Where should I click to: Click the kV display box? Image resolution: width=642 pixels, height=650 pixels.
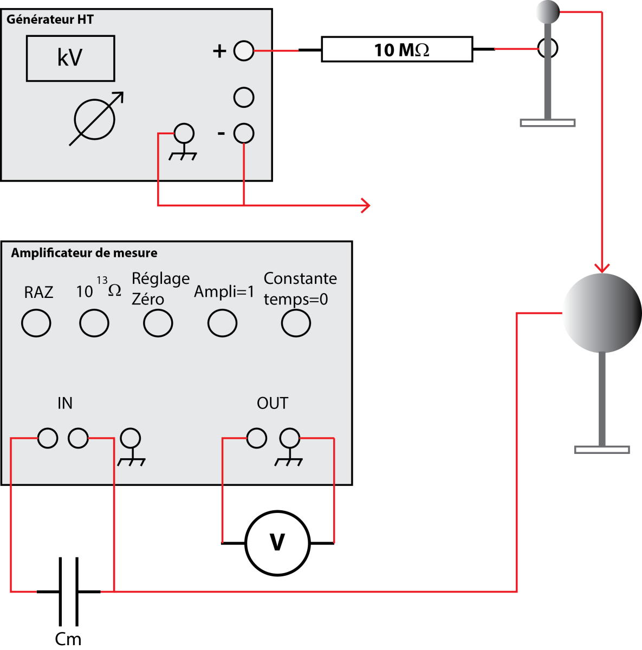(70, 58)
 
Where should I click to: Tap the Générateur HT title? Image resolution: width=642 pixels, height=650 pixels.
(50, 19)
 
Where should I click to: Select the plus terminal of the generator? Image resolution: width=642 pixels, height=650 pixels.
(244, 51)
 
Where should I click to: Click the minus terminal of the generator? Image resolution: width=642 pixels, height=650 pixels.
(244, 133)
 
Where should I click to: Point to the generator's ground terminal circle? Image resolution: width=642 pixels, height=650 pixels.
(184, 133)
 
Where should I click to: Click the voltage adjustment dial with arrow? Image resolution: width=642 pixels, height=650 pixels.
(95, 119)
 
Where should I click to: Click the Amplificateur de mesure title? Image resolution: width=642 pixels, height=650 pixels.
(84, 253)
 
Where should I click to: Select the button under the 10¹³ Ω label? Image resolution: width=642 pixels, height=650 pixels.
(94, 323)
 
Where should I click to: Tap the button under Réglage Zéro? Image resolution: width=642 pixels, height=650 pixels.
(158, 323)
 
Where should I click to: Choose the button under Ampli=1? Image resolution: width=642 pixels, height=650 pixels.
(222, 323)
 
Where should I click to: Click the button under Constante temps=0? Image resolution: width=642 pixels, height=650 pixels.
(296, 323)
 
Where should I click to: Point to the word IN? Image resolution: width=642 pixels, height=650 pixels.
(65, 403)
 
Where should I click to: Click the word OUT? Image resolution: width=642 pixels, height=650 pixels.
(272, 403)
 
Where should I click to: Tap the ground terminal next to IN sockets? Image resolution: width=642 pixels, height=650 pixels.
(130, 438)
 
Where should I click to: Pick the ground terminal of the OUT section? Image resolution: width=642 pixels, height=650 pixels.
(289, 438)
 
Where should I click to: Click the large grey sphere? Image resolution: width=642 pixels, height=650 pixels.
(601, 313)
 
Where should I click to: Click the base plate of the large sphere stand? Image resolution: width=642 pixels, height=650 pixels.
(601, 450)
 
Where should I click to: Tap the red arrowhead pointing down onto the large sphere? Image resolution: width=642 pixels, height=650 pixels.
(601, 268)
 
